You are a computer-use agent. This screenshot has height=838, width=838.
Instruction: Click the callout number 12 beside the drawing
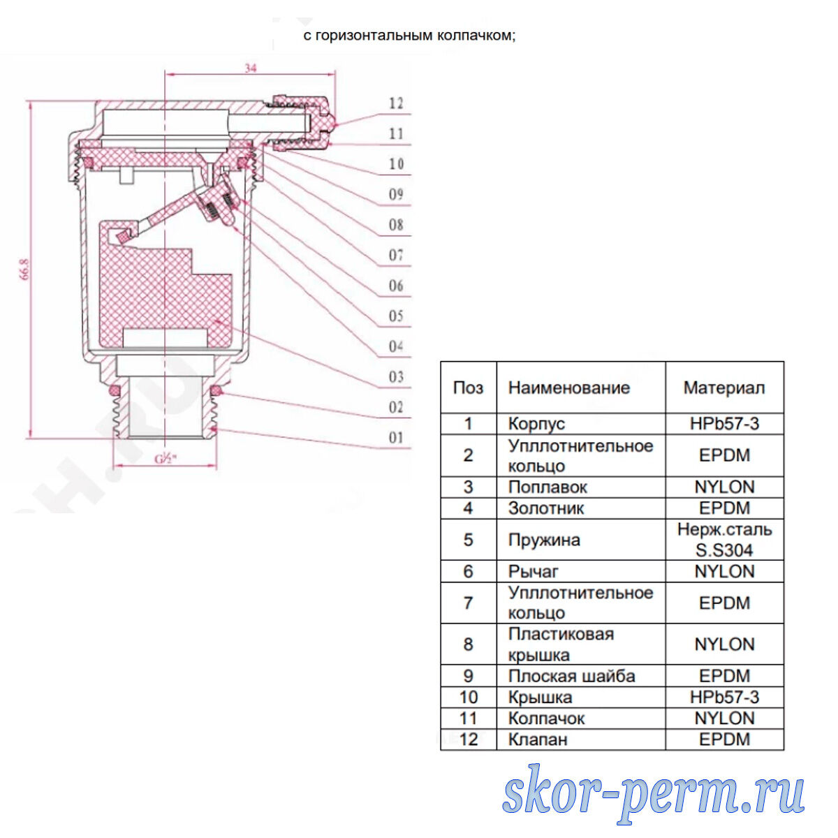click(396, 103)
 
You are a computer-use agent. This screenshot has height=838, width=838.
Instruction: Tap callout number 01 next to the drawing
click(396, 438)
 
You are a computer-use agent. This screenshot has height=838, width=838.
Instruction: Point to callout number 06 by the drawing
click(396, 286)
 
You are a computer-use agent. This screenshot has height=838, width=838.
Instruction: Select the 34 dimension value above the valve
click(250, 68)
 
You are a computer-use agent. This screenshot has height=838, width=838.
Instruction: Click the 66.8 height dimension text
click(24, 270)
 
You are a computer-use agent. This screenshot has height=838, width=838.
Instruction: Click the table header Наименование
click(568, 388)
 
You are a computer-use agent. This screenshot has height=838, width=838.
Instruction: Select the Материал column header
click(723, 388)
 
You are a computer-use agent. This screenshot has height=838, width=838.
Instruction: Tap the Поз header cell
click(468, 388)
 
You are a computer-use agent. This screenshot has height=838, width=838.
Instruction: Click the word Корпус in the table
click(536, 424)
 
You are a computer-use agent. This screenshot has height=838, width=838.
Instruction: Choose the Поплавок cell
click(547, 487)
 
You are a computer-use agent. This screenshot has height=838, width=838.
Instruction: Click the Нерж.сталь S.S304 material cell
click(724, 540)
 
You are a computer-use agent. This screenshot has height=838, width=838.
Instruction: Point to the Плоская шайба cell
click(571, 676)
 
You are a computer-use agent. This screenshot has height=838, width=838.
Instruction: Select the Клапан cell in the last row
click(538, 739)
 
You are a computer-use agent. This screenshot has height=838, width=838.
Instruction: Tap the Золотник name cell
click(546, 508)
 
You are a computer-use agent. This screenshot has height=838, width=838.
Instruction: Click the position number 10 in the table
click(468, 697)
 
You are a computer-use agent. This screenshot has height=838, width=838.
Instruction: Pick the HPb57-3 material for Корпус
click(724, 424)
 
